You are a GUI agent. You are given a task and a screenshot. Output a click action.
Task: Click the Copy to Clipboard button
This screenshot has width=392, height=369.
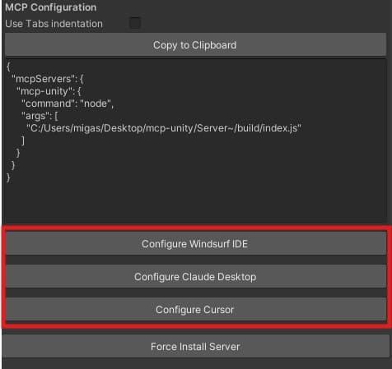195,45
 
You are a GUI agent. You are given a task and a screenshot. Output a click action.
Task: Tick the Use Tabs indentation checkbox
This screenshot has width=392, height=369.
135,23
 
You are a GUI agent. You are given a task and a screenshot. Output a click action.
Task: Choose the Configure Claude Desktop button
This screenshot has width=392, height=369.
195,276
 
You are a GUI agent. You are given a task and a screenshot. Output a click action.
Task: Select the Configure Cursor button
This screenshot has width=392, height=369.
195,309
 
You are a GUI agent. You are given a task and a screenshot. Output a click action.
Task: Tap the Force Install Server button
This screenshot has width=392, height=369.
195,346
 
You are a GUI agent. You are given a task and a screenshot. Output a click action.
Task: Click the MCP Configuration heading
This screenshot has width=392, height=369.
51,7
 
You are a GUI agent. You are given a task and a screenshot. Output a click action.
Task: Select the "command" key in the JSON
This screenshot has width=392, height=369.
46,104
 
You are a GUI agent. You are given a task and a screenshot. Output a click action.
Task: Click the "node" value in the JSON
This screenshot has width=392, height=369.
96,104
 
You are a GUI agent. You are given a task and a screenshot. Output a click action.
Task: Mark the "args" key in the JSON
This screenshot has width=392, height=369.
34,116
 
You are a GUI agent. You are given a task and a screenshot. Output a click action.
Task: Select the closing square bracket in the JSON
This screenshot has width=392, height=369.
23,141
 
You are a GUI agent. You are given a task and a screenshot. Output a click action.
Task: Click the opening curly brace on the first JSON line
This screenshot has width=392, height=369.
8,67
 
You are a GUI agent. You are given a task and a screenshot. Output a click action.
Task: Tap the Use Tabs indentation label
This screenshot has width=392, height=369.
54,24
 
